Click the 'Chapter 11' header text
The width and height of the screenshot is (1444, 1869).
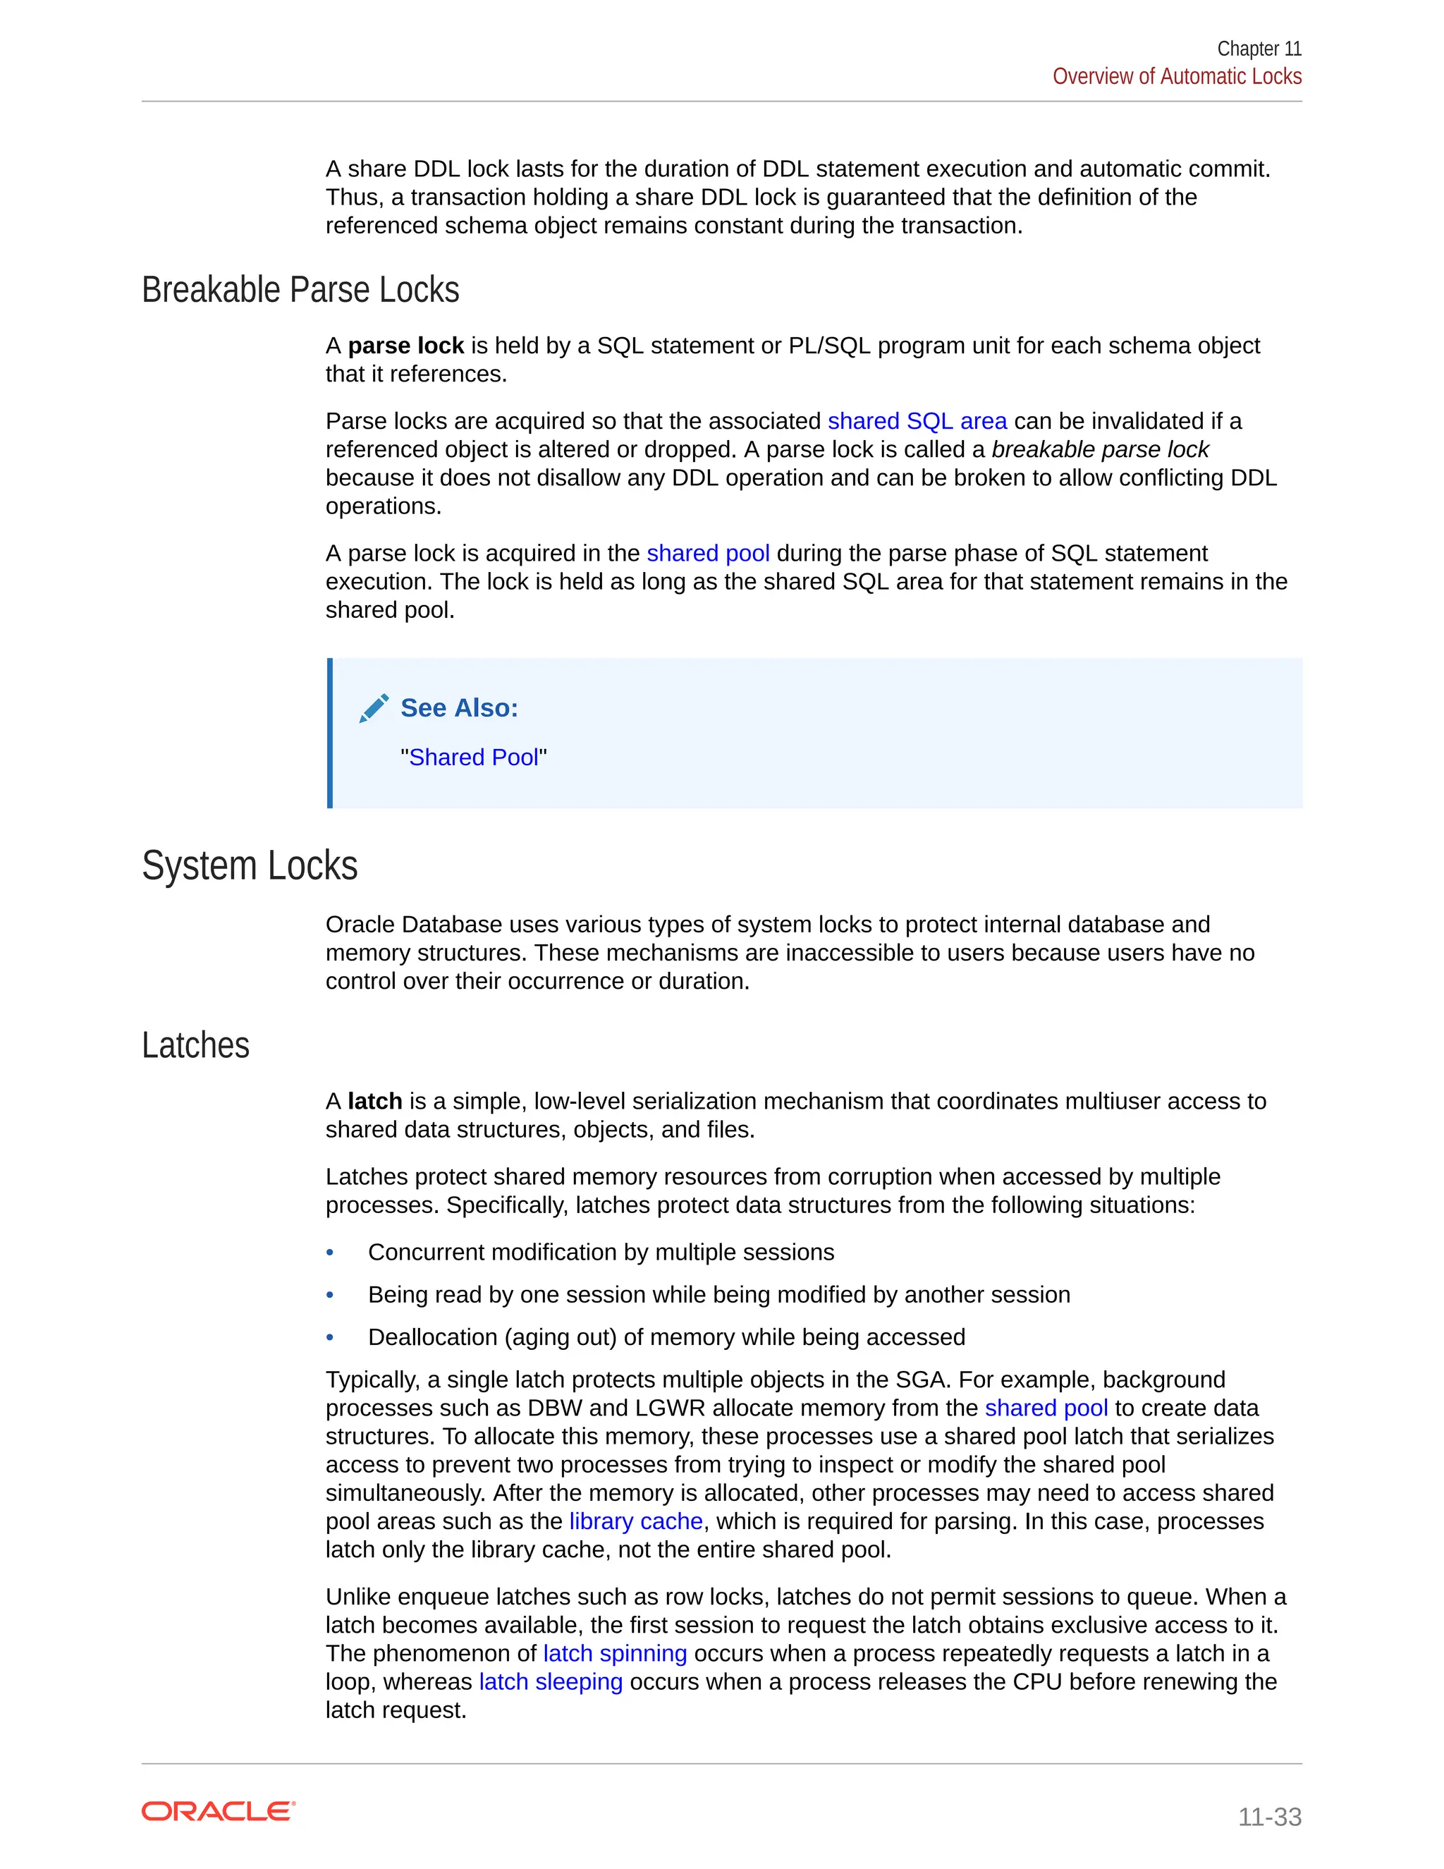1259,49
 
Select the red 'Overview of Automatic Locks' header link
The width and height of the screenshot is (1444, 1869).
1176,76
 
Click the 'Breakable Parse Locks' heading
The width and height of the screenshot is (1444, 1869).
300,290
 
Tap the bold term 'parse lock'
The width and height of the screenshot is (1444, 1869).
405,346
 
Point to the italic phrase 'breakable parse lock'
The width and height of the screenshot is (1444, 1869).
1099,449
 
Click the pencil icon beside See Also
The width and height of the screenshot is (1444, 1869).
374,709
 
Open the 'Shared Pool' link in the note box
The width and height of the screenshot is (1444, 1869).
473,757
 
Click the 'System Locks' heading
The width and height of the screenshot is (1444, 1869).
250,865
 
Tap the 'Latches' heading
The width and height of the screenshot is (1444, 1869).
196,1046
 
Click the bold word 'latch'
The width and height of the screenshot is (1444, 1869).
374,1102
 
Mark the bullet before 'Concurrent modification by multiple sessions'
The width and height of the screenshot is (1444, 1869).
330,1253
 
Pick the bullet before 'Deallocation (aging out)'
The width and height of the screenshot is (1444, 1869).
330,1337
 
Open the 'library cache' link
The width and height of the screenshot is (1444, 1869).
635,1521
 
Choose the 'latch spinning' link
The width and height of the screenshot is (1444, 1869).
614,1653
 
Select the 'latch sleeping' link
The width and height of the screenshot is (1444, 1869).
550,1681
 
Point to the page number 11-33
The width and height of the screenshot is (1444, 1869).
1268,1816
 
